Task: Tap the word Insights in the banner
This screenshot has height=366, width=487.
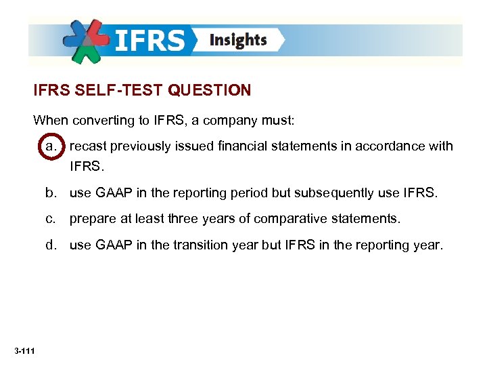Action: tap(238, 40)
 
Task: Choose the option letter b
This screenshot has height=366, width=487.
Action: tap(51, 193)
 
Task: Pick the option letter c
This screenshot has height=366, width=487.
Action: tap(51, 219)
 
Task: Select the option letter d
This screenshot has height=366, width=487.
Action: tap(51, 245)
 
